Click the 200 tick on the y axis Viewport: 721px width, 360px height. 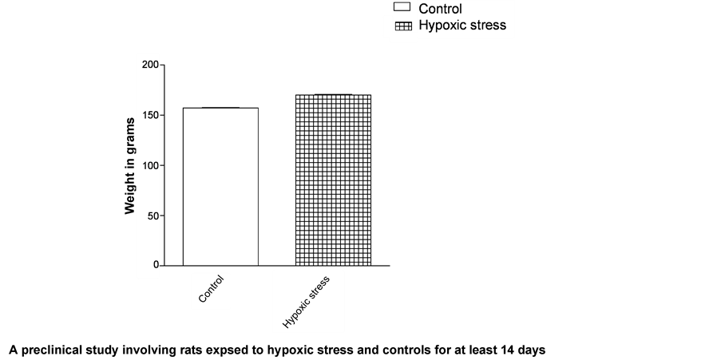click(x=150, y=64)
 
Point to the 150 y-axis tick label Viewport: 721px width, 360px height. click(x=150, y=115)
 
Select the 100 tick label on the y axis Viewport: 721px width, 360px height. click(x=150, y=166)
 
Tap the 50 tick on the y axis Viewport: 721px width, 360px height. click(x=153, y=216)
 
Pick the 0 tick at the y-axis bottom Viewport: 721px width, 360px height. click(x=156, y=265)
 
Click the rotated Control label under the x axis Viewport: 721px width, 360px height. click(x=211, y=291)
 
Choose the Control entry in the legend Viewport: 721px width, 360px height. click(x=440, y=10)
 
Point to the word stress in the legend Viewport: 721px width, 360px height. click(x=489, y=25)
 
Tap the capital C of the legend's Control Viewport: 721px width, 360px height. click(x=424, y=10)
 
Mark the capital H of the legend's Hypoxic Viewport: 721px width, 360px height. click(x=424, y=25)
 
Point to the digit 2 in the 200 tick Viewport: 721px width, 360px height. click(x=145, y=64)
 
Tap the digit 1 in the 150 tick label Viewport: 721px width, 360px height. click(x=145, y=115)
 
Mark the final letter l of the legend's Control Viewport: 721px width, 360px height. click(x=460, y=10)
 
